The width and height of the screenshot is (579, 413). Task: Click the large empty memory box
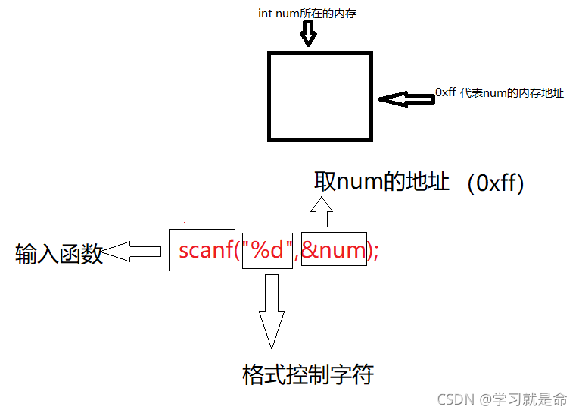tap(320, 96)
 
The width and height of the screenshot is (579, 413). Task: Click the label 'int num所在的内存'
tap(308, 13)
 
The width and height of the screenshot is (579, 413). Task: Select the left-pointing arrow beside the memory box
tap(406, 99)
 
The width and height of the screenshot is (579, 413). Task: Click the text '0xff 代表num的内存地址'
tap(500, 93)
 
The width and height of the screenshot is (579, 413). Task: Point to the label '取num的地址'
tap(382, 182)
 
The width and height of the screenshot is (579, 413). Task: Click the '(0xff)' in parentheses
tap(496, 183)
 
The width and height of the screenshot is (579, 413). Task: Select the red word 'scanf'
tap(205, 250)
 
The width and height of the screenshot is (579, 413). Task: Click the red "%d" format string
tap(267, 250)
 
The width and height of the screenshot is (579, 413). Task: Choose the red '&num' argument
tap(333, 250)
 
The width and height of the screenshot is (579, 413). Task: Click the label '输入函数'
tap(59, 255)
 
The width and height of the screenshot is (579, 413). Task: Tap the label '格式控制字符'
tap(308, 374)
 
